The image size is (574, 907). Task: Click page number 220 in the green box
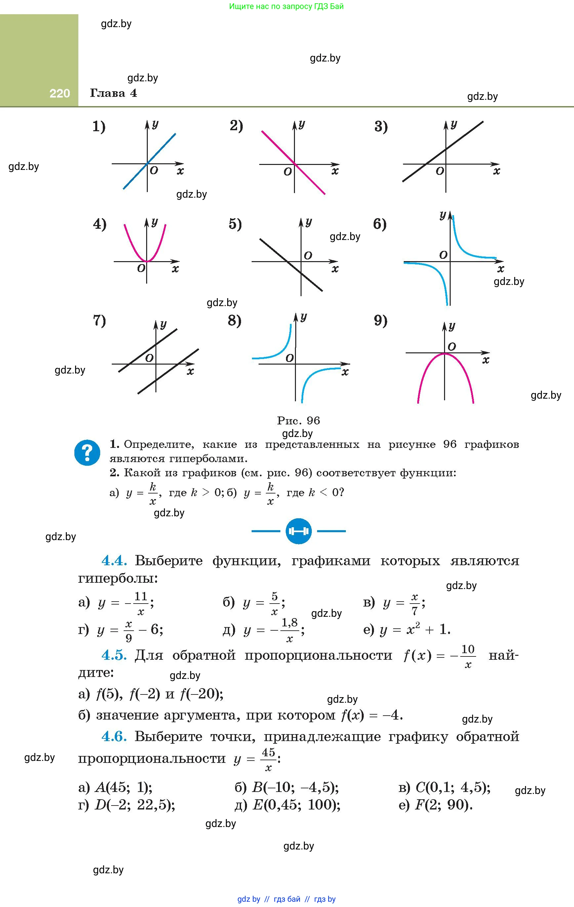click(60, 94)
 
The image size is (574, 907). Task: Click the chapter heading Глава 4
click(113, 93)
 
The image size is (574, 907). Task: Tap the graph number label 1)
click(99, 126)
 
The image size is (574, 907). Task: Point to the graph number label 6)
click(380, 224)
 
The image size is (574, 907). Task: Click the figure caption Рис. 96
click(298, 420)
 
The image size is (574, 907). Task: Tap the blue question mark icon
click(87, 453)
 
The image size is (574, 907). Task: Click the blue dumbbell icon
click(299, 531)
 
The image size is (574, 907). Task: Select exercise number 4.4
click(114, 561)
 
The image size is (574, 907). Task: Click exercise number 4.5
click(114, 655)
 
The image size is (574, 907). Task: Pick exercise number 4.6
click(114, 736)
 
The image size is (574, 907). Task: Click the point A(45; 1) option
click(115, 787)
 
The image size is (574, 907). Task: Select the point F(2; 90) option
click(436, 805)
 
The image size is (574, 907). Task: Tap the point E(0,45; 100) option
click(288, 805)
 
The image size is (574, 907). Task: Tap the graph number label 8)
click(234, 321)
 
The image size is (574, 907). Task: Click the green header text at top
click(286, 6)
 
